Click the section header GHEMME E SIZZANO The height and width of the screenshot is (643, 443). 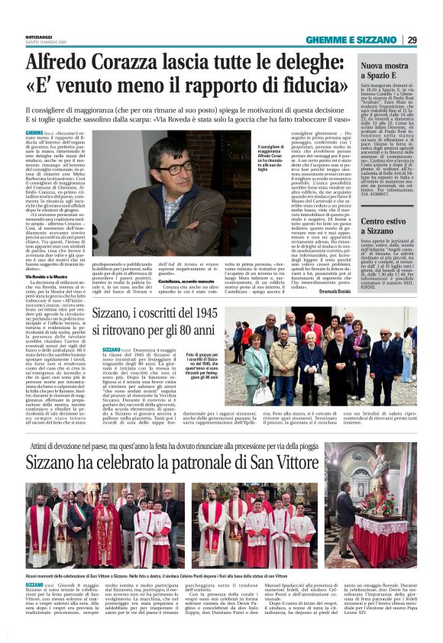click(x=353, y=40)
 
